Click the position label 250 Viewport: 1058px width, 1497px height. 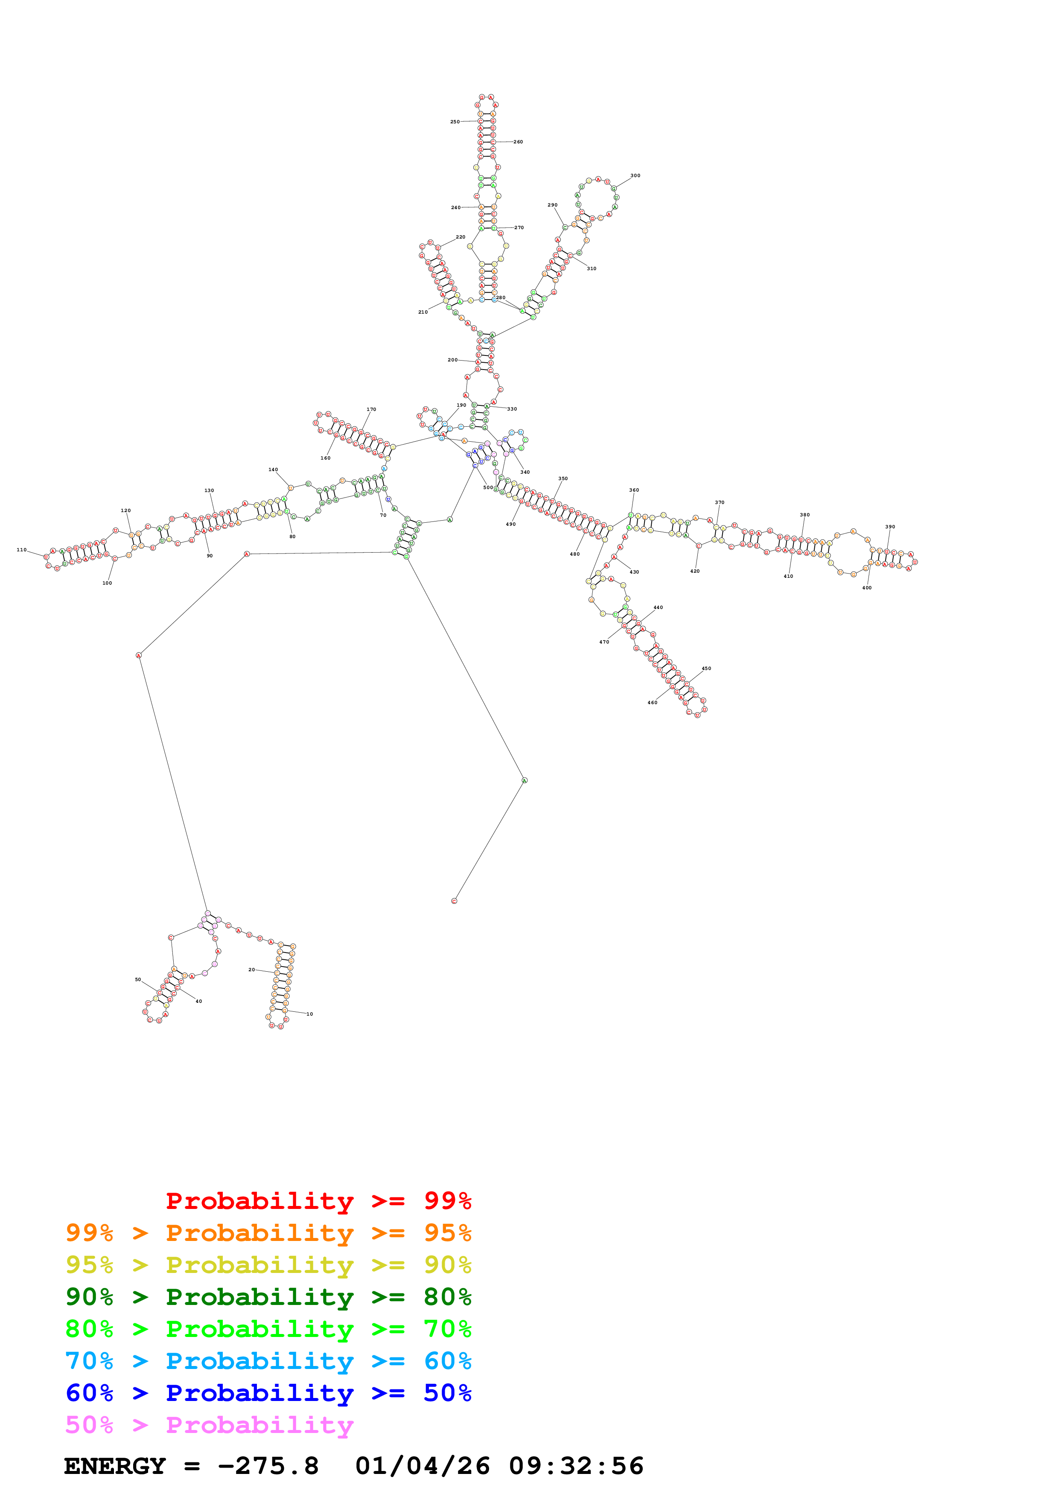(x=455, y=122)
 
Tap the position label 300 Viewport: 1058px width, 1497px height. (x=635, y=175)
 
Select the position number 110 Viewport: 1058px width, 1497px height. (x=21, y=550)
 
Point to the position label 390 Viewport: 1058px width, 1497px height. (x=890, y=527)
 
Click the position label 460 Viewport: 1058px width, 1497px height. (x=652, y=703)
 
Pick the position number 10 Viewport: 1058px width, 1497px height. (x=310, y=1014)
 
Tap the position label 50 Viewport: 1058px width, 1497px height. (x=137, y=979)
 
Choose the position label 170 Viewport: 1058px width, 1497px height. (x=371, y=410)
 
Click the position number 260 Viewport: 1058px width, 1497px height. (x=518, y=142)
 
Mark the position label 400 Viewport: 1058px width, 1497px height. (x=866, y=588)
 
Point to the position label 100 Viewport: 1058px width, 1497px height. (x=107, y=583)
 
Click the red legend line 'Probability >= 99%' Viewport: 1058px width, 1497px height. (x=318, y=1201)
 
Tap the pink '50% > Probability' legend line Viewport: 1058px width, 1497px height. (x=209, y=1425)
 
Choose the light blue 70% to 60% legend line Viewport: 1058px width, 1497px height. (x=268, y=1361)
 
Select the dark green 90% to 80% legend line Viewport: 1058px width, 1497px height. (x=268, y=1297)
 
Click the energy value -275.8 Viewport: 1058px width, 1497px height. (x=268, y=1466)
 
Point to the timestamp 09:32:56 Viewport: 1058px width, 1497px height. (x=576, y=1466)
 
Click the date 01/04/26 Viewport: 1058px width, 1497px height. (x=423, y=1466)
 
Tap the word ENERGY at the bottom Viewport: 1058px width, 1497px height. (x=115, y=1466)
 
